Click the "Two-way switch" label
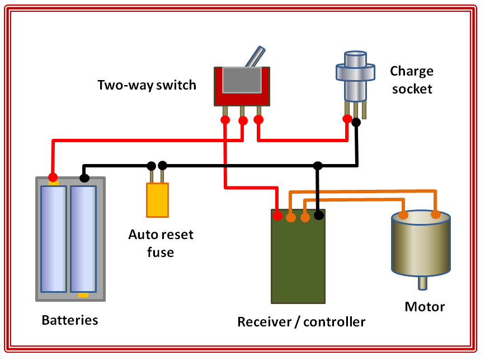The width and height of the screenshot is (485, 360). tap(147, 85)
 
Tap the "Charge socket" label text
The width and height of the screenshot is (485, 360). tap(412, 80)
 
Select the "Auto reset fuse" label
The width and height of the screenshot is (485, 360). tap(161, 243)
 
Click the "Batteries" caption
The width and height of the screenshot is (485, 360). tap(70, 320)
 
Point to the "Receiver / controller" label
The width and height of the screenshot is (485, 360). tap(301, 322)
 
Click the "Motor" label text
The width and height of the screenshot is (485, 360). tap(425, 307)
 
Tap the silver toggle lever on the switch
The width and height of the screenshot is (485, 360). tap(255, 58)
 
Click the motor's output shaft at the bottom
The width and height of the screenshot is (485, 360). tap(422, 283)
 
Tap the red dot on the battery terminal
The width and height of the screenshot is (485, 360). tap(53, 177)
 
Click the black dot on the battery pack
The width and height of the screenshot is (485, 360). tap(84, 178)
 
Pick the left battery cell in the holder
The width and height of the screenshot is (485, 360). tap(54, 239)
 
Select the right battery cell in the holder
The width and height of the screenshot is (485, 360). tap(83, 239)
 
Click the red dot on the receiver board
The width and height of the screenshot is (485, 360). tap(277, 215)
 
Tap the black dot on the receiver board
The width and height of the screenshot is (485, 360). tap(319, 214)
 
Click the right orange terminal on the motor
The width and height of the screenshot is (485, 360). tap(436, 214)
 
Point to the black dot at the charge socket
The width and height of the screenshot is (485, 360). tap(356, 121)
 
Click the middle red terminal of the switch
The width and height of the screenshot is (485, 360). tap(243, 120)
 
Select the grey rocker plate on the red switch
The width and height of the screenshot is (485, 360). tap(242, 80)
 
